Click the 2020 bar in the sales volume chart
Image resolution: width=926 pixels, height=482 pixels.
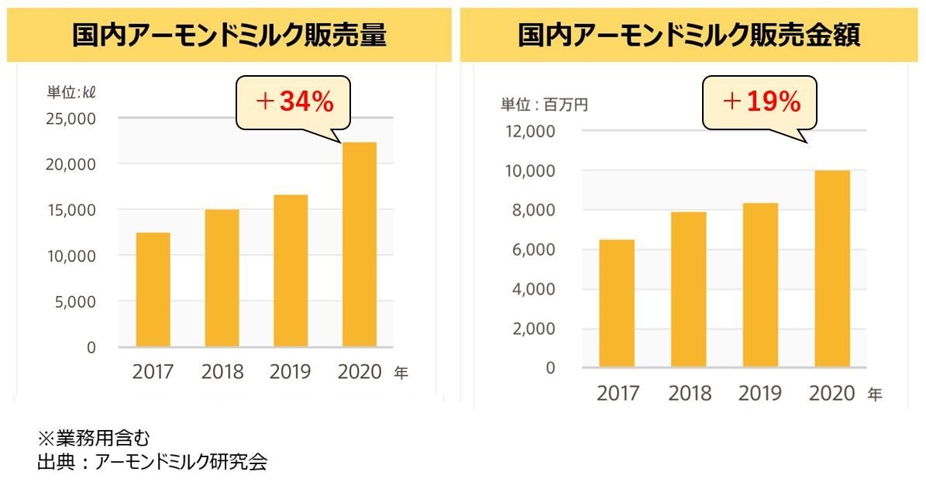click(359, 245)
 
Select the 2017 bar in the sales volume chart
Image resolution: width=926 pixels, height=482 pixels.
click(153, 290)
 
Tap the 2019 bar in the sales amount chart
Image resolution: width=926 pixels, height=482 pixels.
click(760, 284)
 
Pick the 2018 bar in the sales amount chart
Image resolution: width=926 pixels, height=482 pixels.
click(688, 289)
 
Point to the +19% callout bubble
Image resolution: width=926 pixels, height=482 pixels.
click(760, 102)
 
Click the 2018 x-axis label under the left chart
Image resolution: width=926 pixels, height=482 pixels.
click(222, 373)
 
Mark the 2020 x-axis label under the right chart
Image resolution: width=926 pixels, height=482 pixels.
click(831, 394)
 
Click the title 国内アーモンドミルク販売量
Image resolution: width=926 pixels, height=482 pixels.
click(229, 36)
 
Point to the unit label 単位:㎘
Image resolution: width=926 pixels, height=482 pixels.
click(71, 92)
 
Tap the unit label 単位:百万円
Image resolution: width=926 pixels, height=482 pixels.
click(543, 105)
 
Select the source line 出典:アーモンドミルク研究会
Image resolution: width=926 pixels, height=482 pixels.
click(152, 463)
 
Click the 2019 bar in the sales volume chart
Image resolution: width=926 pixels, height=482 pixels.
click(291, 270)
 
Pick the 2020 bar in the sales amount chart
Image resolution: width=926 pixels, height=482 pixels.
click(831, 268)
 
